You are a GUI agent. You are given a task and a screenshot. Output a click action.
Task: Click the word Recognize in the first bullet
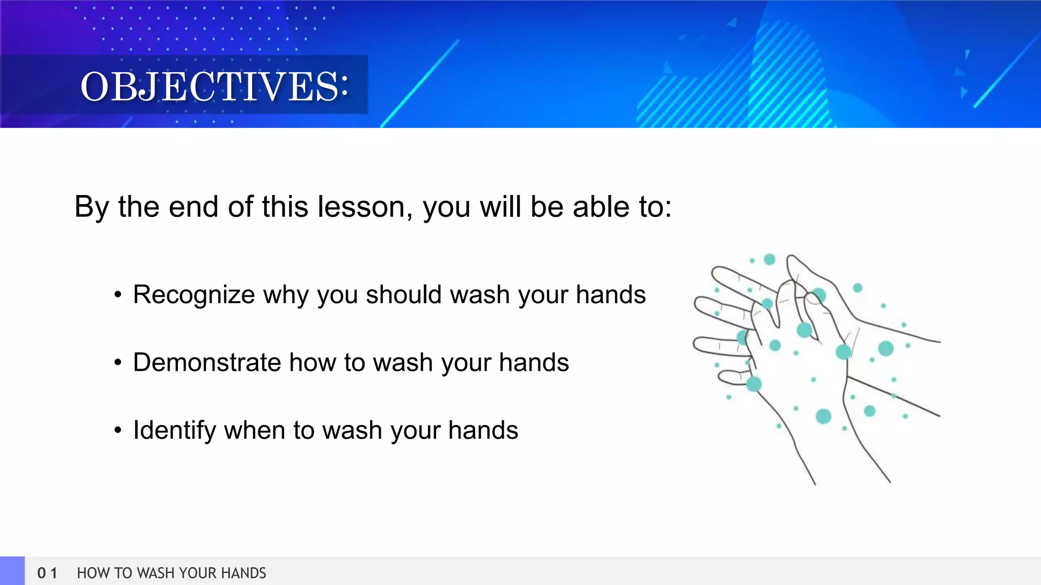click(x=194, y=295)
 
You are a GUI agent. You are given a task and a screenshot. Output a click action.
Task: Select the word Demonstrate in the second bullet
click(x=206, y=363)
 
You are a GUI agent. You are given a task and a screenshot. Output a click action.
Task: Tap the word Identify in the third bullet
click(x=174, y=431)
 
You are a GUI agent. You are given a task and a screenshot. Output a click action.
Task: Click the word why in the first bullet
click(x=285, y=295)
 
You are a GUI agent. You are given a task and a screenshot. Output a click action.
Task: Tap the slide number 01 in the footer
click(x=47, y=573)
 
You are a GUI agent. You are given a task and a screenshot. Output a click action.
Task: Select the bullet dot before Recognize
click(x=118, y=295)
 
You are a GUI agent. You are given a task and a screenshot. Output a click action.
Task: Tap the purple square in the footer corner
click(x=12, y=571)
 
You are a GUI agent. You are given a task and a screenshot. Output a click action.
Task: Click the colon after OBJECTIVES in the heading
click(x=345, y=85)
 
